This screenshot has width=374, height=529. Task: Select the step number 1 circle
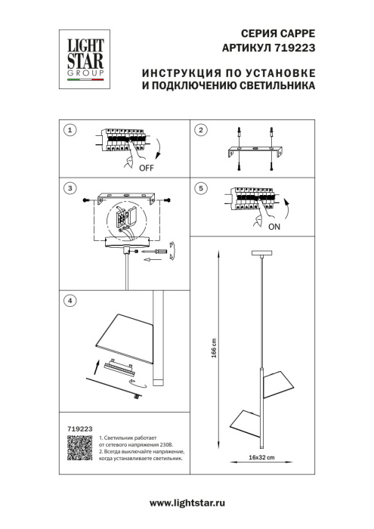coord(70,131)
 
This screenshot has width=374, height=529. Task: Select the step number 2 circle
coord(200,131)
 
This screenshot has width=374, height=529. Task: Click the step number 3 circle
coord(70,187)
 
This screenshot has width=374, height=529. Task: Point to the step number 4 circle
coord(70,301)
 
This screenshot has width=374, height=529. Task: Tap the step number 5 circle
coord(200,187)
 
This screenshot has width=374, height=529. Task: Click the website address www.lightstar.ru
coord(187,503)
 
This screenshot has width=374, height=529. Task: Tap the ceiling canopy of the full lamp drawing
coord(261,254)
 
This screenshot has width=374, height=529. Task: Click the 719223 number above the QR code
coord(74,428)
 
